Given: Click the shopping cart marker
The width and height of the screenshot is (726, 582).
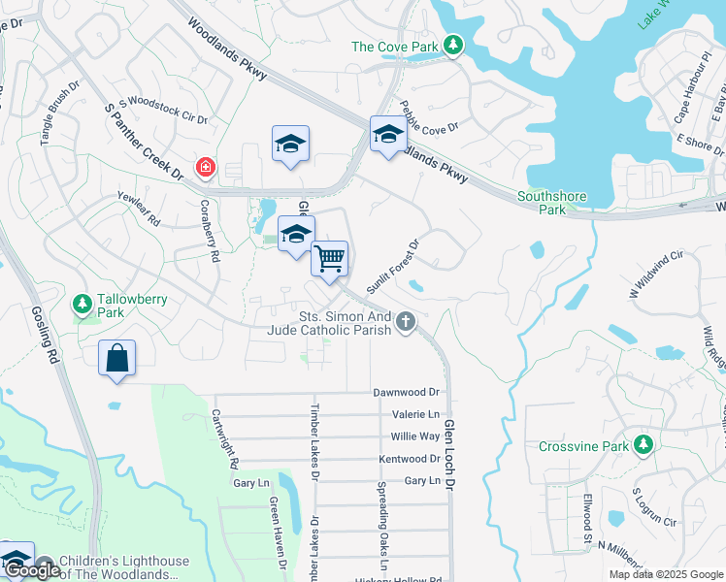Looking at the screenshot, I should pos(330,259).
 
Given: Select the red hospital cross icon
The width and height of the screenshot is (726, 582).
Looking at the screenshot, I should pos(206,169).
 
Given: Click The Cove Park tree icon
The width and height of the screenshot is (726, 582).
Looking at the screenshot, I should pos(452,45).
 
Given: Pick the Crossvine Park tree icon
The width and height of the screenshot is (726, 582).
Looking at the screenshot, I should pos(642,445).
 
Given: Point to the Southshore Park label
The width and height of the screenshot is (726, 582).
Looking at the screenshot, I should pos(551,203).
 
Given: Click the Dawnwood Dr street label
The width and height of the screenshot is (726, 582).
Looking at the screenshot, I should pos(407,393).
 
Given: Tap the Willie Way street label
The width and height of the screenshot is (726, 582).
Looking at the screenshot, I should pos(415,436).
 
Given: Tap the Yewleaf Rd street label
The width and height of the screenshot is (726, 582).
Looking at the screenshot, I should pos(138,208).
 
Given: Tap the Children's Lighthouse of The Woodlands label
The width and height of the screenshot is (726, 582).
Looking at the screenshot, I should pos(124,567).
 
